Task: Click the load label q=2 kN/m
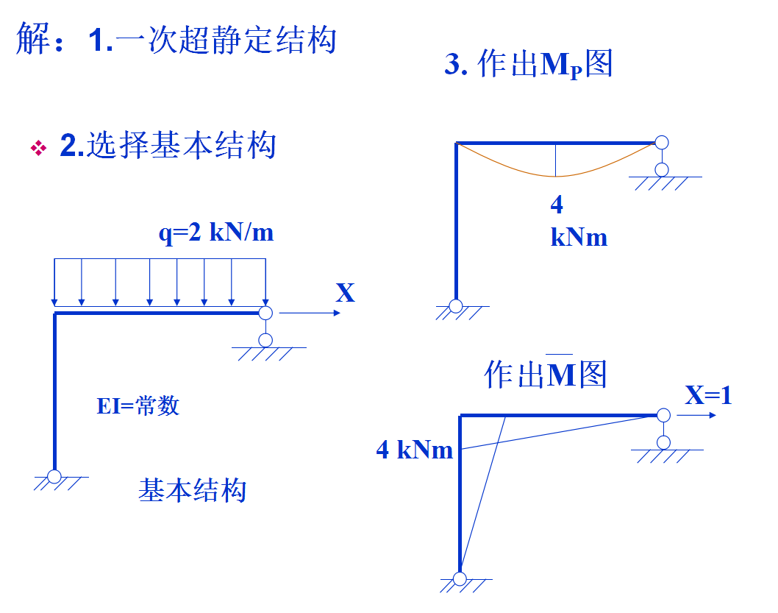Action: (x=215, y=233)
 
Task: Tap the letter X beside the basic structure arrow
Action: (x=345, y=293)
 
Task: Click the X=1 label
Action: (x=708, y=396)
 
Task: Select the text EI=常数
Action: (x=138, y=405)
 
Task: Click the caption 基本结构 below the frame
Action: (x=192, y=490)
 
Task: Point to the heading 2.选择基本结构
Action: (x=168, y=146)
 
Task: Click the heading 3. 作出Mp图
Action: (x=528, y=65)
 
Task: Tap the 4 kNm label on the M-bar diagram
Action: (x=415, y=450)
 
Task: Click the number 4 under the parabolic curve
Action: (x=557, y=205)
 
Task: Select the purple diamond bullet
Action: (x=38, y=148)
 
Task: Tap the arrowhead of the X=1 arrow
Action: (x=712, y=416)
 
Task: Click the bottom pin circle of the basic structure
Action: (x=54, y=476)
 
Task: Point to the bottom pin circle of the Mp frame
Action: (x=456, y=305)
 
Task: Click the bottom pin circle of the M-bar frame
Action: (x=460, y=578)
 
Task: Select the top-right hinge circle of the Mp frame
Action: (x=662, y=142)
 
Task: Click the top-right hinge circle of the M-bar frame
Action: (x=663, y=416)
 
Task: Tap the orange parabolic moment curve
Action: (x=556, y=176)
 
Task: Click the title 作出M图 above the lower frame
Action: (x=546, y=375)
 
